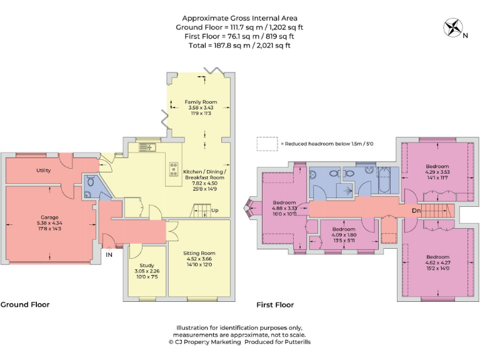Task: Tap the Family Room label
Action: click(200, 101)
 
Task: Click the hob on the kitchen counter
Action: click(172, 169)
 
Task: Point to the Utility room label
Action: click(43, 170)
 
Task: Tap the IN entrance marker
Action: click(109, 255)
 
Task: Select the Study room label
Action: click(147, 266)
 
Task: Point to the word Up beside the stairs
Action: click(216, 211)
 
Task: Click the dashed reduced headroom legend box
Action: click(266, 144)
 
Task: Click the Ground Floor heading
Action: click(25, 305)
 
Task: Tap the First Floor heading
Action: click(275, 305)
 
